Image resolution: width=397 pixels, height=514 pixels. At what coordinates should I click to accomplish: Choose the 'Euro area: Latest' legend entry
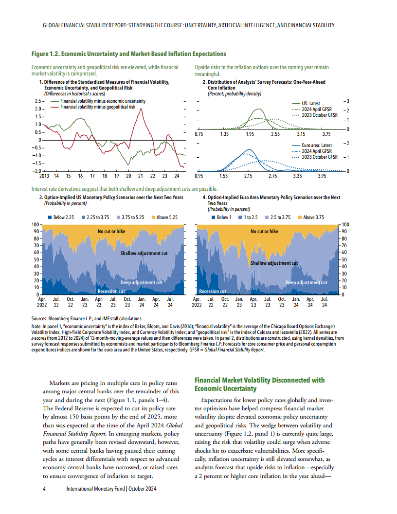tap(317, 145)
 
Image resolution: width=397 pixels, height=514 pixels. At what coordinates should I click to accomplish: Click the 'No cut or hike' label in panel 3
tap(111, 232)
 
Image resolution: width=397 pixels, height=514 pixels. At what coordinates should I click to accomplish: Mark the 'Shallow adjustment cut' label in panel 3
tap(144, 254)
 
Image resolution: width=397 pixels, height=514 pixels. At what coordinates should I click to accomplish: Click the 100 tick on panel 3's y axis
tap(35, 224)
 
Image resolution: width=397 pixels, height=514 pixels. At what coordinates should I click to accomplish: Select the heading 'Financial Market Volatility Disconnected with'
tap(259, 380)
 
